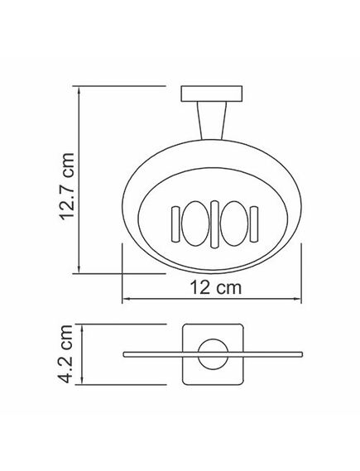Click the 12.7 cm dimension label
pos(67,186)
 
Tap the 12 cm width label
pos(216,287)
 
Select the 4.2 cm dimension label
pos(65,353)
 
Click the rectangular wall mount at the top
pos(211,94)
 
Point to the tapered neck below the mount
pos(211,121)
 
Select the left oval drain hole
pos(195,223)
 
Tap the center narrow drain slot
pos(214,224)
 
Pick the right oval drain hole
pos(234,223)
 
